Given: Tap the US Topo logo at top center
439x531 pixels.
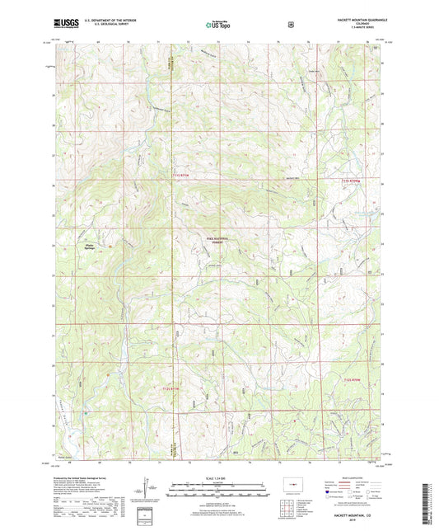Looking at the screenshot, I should tap(218, 25).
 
